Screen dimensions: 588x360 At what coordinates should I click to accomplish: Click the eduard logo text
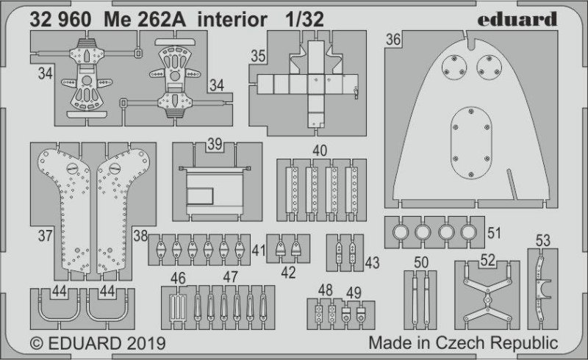[x=517, y=19]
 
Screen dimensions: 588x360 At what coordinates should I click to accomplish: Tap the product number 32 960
[x=60, y=20]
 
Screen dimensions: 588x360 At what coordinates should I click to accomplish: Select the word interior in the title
[x=232, y=20]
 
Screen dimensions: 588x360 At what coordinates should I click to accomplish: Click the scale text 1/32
[x=304, y=20]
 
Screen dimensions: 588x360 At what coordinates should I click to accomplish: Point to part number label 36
[x=393, y=40]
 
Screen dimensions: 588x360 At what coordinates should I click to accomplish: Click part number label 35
[x=258, y=57]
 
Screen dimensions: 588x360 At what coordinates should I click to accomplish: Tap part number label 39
[x=215, y=144]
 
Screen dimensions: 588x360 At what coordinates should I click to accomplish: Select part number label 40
[x=320, y=151]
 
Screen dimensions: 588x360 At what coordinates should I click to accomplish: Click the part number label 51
[x=494, y=233]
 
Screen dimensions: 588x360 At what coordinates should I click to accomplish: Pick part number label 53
[x=543, y=240]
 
